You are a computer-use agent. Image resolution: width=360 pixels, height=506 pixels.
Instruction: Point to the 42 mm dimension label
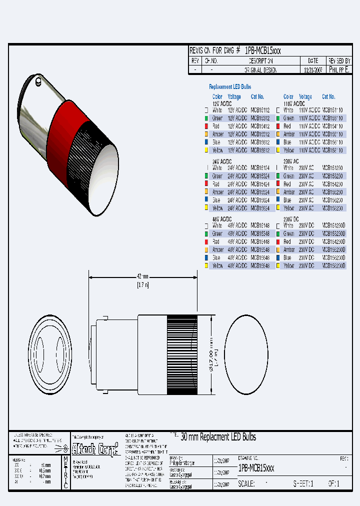(143, 276)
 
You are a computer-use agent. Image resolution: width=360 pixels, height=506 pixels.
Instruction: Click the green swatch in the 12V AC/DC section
(206, 118)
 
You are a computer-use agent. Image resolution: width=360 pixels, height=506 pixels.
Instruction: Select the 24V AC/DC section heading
(222, 162)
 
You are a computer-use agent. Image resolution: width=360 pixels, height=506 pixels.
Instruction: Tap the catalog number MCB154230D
(333, 241)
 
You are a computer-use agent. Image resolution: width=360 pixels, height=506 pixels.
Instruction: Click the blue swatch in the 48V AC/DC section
(206, 257)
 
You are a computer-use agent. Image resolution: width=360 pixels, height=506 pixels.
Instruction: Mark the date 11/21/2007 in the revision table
(313, 70)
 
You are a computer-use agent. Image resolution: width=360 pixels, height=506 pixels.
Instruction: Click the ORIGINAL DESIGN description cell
(259, 70)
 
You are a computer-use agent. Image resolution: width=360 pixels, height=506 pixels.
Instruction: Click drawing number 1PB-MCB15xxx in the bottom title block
(256, 468)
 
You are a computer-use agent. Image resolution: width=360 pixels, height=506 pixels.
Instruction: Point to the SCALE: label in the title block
(248, 484)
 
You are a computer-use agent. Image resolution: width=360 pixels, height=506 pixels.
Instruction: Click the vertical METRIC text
(65, 471)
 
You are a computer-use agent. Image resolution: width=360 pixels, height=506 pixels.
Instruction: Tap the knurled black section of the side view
(181, 354)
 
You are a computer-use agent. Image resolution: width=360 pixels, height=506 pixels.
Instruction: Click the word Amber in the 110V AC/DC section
(289, 134)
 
